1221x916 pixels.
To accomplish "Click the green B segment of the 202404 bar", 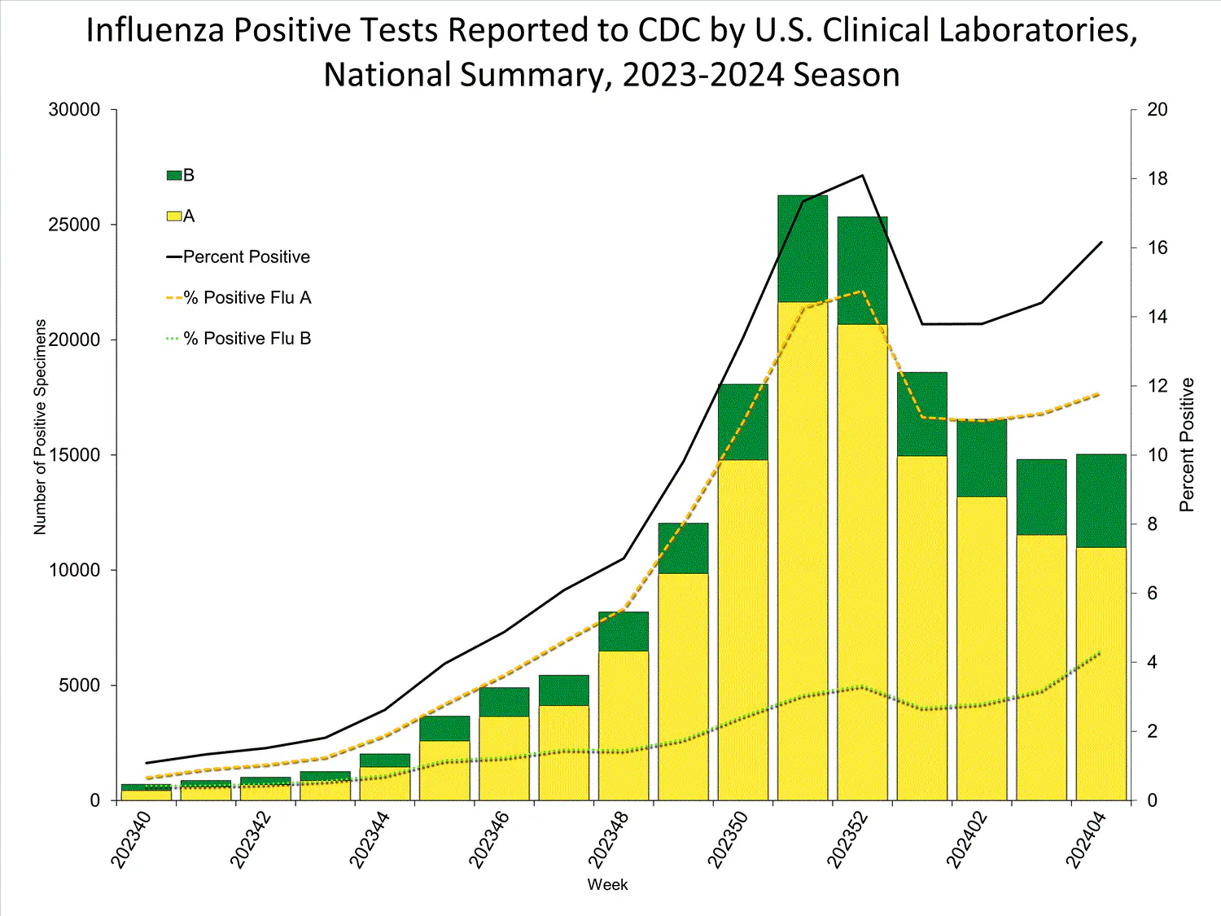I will click(x=1101, y=501).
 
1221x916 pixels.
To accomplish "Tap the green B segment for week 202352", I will click(x=862, y=270).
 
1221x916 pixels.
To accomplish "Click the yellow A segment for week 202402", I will click(x=982, y=648).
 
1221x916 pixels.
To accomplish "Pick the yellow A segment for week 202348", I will click(x=624, y=725).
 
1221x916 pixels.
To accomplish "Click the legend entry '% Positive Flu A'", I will click(x=247, y=298).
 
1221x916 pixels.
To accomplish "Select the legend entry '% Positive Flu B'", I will click(x=247, y=339).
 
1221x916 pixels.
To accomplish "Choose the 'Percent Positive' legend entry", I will click(x=246, y=257).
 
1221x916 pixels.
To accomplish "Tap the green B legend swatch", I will click(x=173, y=175).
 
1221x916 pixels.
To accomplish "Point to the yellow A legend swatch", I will click(x=173, y=216).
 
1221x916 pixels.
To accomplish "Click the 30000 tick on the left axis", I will click(x=74, y=110).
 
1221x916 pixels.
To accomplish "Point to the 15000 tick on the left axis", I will click(x=74, y=455).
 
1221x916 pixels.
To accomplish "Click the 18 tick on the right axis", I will click(x=1157, y=179).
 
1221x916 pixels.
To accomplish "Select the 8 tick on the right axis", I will click(x=1152, y=524).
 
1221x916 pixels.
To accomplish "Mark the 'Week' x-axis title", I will click(x=607, y=885).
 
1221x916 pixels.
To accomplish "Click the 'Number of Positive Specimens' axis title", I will click(x=40, y=427).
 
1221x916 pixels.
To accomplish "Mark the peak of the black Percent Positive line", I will click(x=862, y=175).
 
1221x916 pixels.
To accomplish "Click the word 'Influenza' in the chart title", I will click(x=155, y=30).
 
